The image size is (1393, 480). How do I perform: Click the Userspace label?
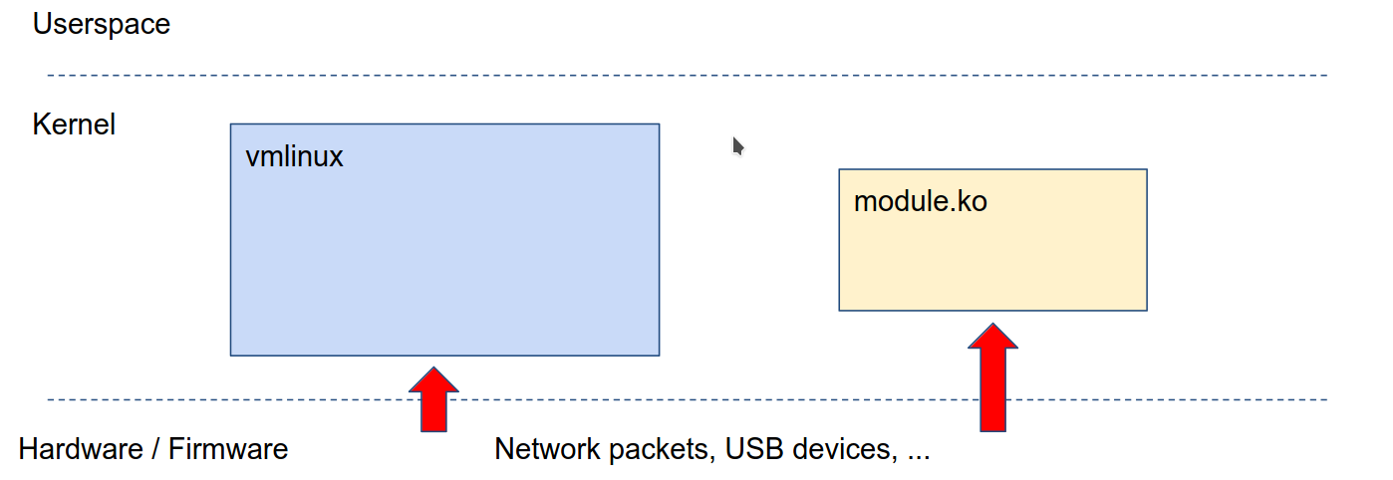pyautogui.click(x=101, y=24)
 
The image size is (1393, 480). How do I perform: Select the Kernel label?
pyautogui.click(x=74, y=124)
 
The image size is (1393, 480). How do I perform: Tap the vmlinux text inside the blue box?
pyautogui.click(x=294, y=156)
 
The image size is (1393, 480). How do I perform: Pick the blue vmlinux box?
pyautogui.click(x=444, y=259)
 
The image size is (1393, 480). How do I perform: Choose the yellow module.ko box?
pyautogui.click(x=992, y=259)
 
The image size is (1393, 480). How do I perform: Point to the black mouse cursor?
pyautogui.click(x=738, y=146)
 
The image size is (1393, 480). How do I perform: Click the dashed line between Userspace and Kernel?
pyautogui.click(x=688, y=76)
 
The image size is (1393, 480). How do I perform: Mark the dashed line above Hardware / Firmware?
pyautogui.click(x=688, y=400)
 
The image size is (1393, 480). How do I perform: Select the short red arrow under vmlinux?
pyautogui.click(x=433, y=399)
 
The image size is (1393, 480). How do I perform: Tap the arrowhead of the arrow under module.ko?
pyautogui.click(x=992, y=337)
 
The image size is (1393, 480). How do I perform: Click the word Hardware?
pyautogui.click(x=81, y=449)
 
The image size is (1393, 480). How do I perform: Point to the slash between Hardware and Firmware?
pyautogui.click(x=155, y=449)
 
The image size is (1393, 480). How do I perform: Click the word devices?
pyautogui.click(x=847, y=449)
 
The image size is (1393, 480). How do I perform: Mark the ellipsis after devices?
pyautogui.click(x=919, y=455)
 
